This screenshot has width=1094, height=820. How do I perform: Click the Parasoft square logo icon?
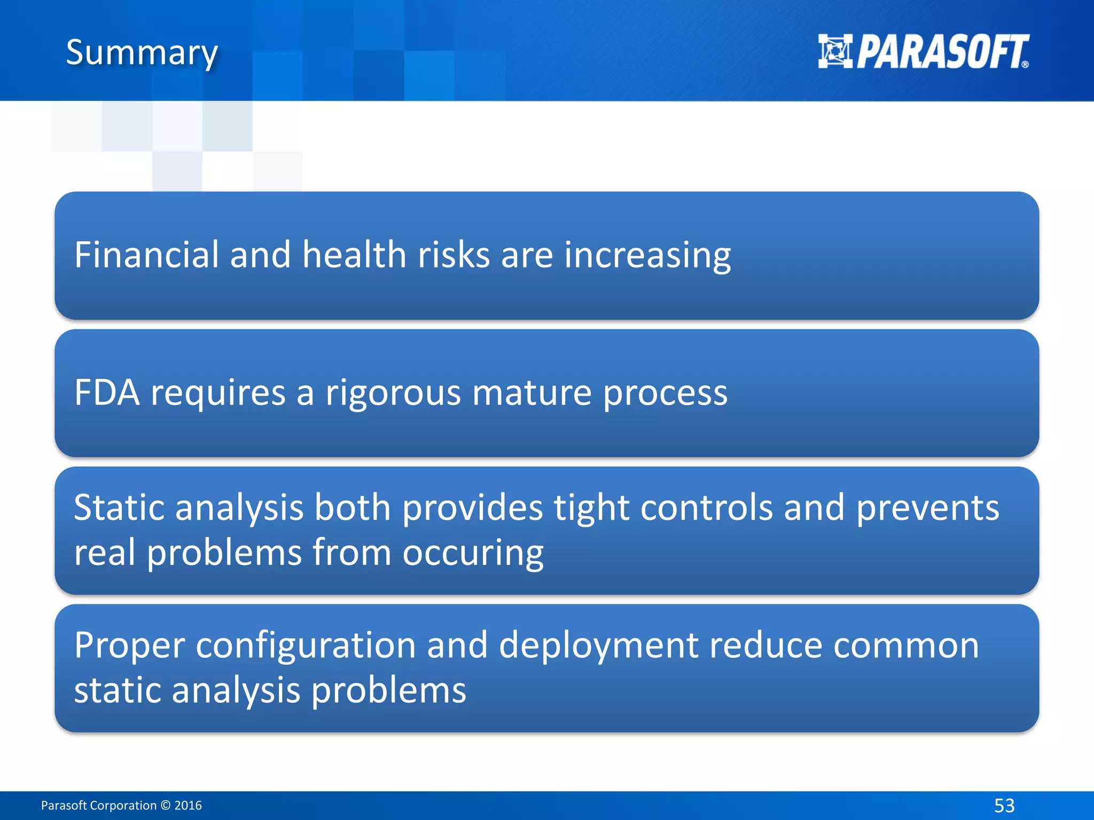[835, 52]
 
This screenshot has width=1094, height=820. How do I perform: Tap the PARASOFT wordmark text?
[942, 52]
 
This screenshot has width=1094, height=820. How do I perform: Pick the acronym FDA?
[107, 392]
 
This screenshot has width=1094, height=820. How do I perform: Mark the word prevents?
[928, 507]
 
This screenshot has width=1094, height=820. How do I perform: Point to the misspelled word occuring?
[473, 553]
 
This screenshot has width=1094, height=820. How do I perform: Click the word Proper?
[129, 646]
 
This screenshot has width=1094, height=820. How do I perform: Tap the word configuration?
[306, 646]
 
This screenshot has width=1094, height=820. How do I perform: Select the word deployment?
[598, 646]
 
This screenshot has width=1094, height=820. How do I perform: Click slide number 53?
[1004, 805]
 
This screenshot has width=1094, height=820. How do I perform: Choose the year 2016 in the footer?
[188, 805]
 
